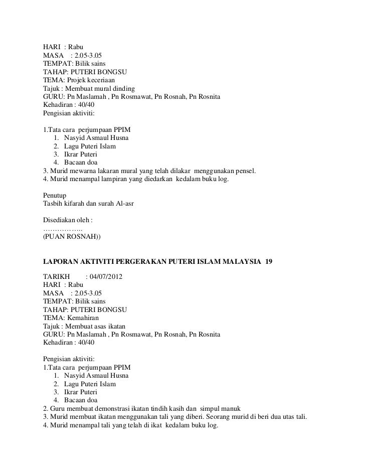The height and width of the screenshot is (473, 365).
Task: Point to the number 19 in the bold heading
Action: pos(268,262)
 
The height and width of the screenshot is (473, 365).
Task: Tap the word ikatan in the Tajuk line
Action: pos(120,326)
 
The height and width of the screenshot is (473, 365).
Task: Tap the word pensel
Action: pos(244,171)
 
